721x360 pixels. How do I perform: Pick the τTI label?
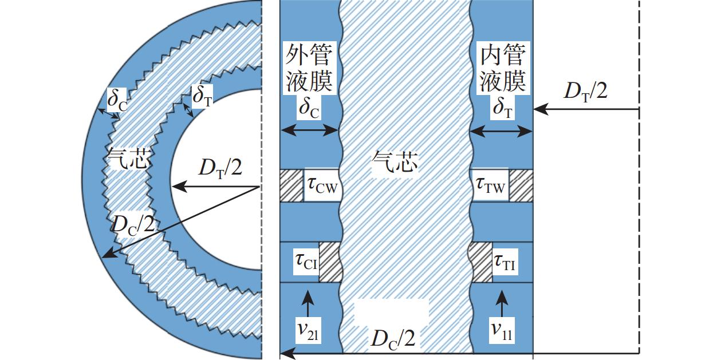click(x=505, y=263)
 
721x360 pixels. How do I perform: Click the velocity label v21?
click(x=307, y=330)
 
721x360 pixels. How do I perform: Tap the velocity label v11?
click(x=502, y=330)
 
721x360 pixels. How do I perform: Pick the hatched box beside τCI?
click(x=329, y=262)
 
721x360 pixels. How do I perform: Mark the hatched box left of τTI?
click(x=481, y=262)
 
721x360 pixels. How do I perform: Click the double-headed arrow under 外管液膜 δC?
click(x=309, y=130)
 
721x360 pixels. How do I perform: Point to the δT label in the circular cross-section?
click(x=203, y=96)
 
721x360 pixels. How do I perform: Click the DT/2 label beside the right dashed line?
click(x=585, y=91)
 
